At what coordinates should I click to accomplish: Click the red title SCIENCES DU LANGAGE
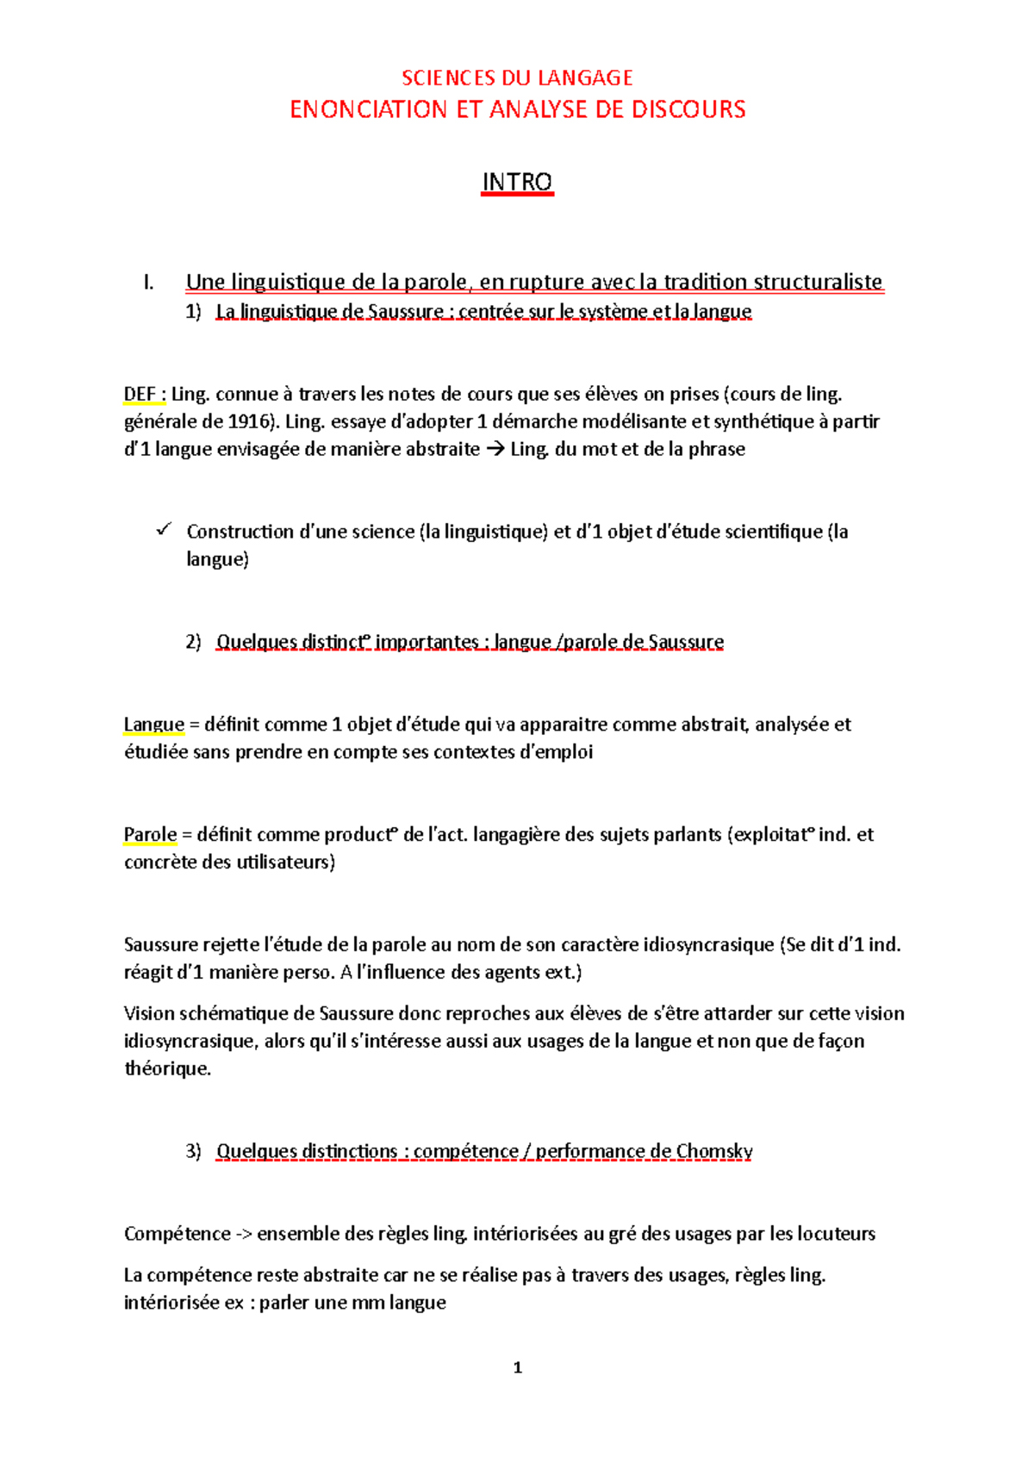point(517,78)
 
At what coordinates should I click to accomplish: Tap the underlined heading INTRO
point(517,182)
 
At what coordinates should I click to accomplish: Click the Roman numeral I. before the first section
point(149,283)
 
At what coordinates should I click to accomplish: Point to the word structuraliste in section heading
point(818,282)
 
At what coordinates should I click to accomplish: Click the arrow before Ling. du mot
point(495,450)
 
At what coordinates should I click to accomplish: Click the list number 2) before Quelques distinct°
point(193,642)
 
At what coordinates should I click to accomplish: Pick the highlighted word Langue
point(154,725)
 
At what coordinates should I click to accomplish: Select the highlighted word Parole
point(150,835)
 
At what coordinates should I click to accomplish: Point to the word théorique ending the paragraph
point(167,1069)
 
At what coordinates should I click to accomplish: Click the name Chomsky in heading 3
point(714,1151)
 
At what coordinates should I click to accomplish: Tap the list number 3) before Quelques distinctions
point(193,1151)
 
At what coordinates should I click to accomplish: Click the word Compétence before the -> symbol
point(177,1234)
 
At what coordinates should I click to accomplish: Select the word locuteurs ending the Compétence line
point(836,1234)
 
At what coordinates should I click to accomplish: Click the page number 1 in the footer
point(517,1367)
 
